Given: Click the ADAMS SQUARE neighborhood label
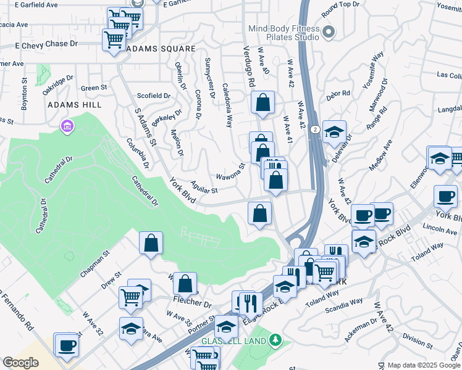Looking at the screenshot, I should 160,48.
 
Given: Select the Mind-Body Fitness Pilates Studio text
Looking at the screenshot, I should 284,33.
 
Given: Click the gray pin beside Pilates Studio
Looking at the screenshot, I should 329,31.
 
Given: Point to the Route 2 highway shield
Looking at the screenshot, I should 315,129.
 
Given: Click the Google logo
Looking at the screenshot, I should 20,363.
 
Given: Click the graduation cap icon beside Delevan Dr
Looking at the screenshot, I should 334,132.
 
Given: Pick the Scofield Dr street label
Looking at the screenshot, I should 153,96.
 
